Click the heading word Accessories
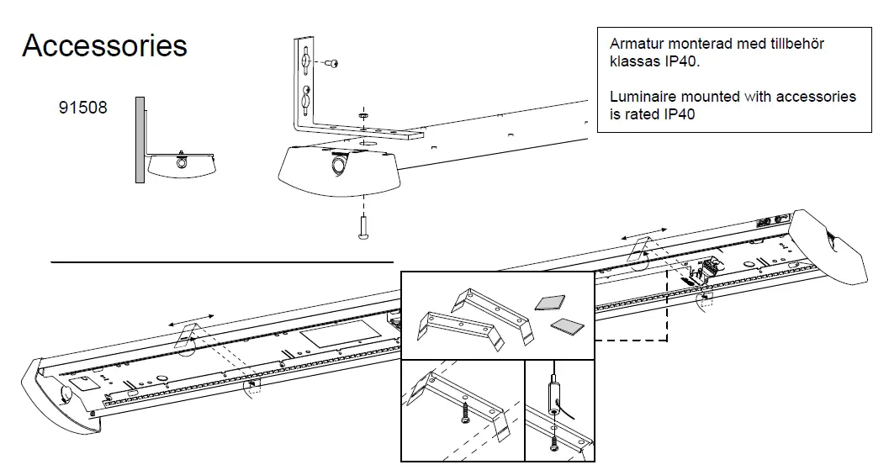(104, 45)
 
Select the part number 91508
(82, 108)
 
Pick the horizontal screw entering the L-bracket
(332, 63)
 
